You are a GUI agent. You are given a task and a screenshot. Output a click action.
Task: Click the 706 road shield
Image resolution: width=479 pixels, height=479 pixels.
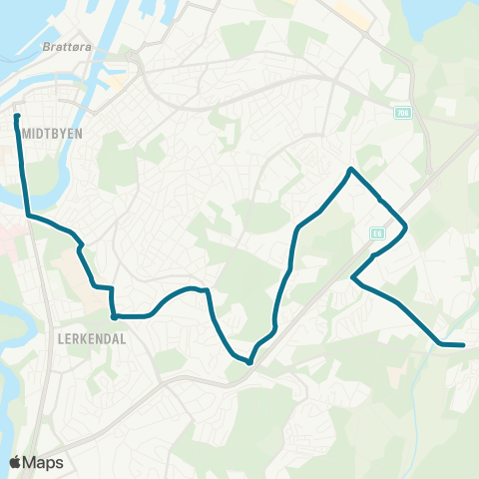[401, 113]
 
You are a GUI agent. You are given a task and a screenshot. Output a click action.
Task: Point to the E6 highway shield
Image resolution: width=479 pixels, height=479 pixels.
[377, 233]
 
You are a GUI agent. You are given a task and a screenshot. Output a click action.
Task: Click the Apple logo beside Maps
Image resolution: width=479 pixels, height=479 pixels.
[16, 462]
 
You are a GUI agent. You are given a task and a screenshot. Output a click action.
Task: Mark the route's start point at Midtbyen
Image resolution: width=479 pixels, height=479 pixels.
[18, 118]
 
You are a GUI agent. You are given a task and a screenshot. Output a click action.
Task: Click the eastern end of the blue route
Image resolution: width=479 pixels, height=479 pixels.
[463, 345]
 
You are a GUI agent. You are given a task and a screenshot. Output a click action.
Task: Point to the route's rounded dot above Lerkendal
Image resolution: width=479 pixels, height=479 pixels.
[115, 316]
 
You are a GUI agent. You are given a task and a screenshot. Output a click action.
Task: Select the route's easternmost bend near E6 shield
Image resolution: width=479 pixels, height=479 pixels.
[406, 228]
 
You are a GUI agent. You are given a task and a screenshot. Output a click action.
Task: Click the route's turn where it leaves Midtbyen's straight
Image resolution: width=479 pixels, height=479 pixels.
[27, 215]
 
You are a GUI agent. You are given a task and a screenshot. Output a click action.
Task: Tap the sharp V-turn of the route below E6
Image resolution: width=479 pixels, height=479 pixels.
[353, 278]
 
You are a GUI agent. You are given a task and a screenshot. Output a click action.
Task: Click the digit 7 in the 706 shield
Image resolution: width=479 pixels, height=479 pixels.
[396, 113]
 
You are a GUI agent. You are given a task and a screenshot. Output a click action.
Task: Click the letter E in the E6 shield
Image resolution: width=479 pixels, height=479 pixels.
[374, 233]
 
